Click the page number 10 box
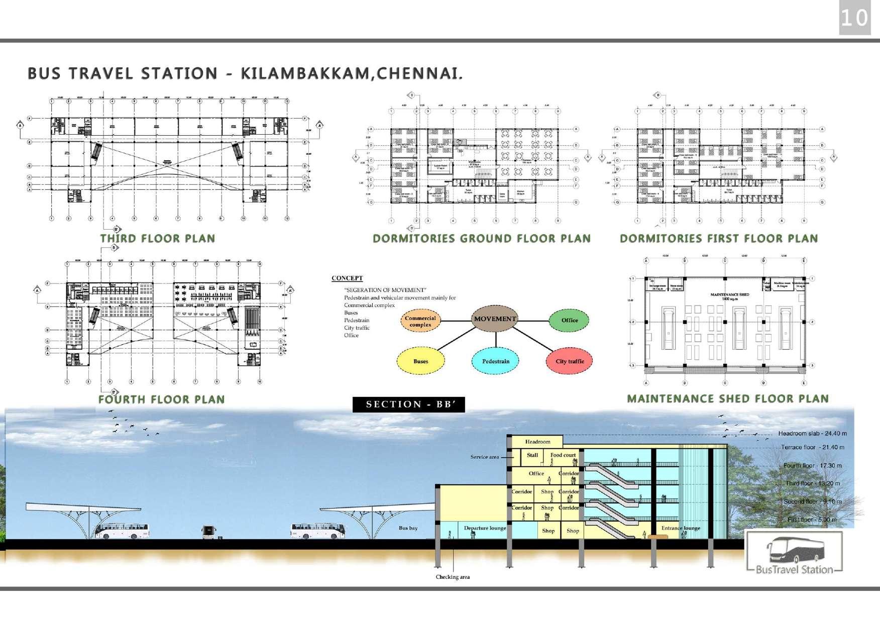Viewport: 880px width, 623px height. pyautogui.click(x=854, y=19)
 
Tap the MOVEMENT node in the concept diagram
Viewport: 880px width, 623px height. pyautogui.click(x=495, y=319)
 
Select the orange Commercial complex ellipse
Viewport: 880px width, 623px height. pyautogui.click(x=420, y=321)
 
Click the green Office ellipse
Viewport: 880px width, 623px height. pyautogui.click(x=570, y=321)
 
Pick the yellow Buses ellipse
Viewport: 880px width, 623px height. pyautogui.click(x=420, y=361)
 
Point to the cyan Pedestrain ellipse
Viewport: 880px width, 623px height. pyautogui.click(x=496, y=361)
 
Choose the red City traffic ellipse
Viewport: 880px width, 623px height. pyautogui.click(x=570, y=361)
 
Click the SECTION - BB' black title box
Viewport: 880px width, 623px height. pyautogui.click(x=408, y=404)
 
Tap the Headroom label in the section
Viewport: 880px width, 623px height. pyautogui.click(x=537, y=442)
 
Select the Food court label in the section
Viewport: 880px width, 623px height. pyautogui.click(x=563, y=455)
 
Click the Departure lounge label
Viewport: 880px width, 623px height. pyautogui.click(x=485, y=528)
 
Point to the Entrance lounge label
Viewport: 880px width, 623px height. pyautogui.click(x=681, y=528)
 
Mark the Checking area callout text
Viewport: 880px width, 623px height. pyautogui.click(x=453, y=577)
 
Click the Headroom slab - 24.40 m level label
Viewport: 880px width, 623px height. pyautogui.click(x=812, y=433)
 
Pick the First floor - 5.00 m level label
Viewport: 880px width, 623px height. pyautogui.click(x=812, y=520)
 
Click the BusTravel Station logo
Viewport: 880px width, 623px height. pyautogui.click(x=794, y=553)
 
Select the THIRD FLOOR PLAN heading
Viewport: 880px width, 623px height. pyautogui.click(x=157, y=239)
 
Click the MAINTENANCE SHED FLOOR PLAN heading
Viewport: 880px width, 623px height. pyautogui.click(x=727, y=399)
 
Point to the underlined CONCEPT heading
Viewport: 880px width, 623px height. pyautogui.click(x=347, y=278)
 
